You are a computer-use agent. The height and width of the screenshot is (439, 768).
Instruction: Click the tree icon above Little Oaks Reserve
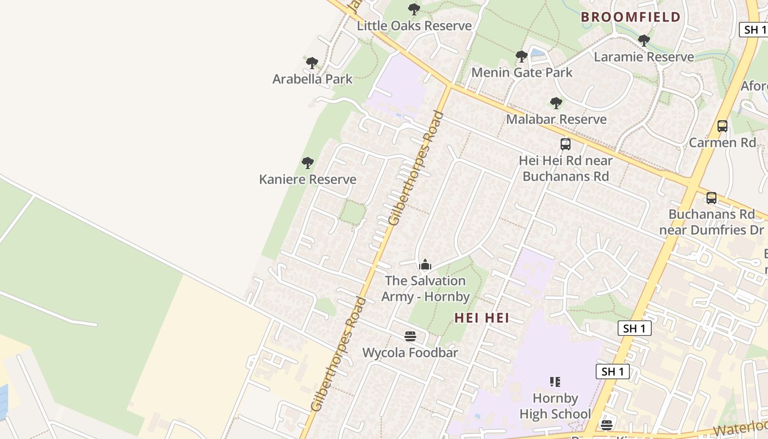(x=414, y=9)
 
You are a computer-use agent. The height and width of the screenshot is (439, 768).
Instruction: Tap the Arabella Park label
(x=312, y=79)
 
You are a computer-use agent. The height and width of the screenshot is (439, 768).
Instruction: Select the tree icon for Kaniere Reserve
(x=308, y=163)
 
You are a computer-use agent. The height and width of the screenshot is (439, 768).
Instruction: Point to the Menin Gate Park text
(x=522, y=72)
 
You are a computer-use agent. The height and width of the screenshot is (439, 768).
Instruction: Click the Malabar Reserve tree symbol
(x=556, y=103)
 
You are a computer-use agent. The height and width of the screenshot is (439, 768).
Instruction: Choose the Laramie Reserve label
(x=643, y=57)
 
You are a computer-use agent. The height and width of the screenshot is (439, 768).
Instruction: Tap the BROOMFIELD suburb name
(x=630, y=17)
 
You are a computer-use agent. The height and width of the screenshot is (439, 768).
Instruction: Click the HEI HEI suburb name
(x=482, y=318)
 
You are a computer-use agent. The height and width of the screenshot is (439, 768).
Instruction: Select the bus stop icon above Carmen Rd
(x=722, y=126)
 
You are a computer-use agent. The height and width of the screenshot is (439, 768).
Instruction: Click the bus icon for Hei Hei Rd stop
(x=565, y=144)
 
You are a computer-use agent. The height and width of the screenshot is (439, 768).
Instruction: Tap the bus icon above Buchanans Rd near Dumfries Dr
(x=711, y=198)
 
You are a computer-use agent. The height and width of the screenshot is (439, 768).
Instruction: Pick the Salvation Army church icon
(x=425, y=266)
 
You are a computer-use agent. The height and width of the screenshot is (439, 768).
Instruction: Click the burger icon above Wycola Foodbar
(x=410, y=336)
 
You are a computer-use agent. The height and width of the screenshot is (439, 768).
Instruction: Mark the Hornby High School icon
(x=555, y=381)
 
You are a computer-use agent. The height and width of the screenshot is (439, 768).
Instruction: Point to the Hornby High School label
(x=555, y=406)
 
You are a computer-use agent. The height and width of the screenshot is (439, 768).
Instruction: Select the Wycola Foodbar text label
(x=410, y=353)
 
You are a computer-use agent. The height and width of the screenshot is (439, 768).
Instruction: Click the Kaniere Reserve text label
(x=307, y=179)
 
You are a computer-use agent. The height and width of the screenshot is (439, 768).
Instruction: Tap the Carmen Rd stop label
(x=722, y=143)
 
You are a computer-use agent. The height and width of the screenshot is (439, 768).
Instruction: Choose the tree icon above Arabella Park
(x=312, y=63)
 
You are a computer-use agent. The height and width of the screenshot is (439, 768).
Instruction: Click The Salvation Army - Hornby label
(x=425, y=289)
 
